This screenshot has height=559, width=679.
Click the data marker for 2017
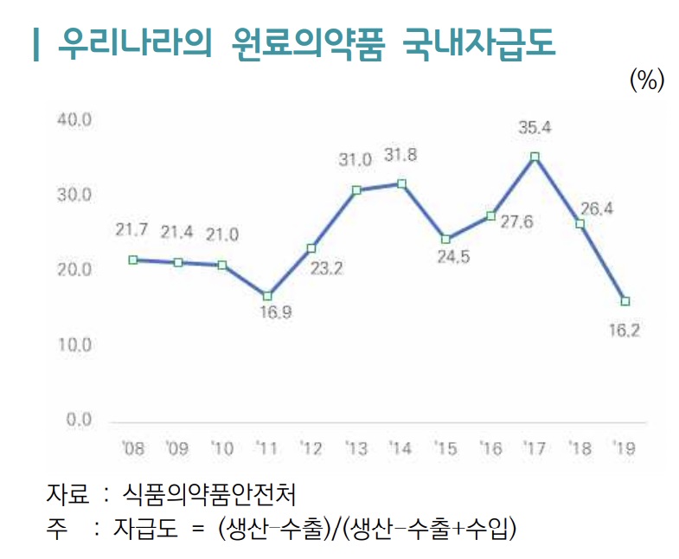click(x=535, y=157)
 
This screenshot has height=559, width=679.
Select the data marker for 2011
click(x=267, y=296)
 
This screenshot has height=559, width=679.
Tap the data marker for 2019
click(x=625, y=301)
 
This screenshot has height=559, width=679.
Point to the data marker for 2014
click(x=401, y=183)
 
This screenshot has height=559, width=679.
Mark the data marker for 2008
click(x=132, y=260)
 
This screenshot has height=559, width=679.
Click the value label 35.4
click(x=535, y=128)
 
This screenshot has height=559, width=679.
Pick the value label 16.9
click(x=275, y=313)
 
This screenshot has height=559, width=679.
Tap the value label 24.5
click(x=452, y=257)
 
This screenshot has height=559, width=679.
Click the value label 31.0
click(x=355, y=160)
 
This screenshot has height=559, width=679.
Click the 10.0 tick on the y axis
click(x=74, y=345)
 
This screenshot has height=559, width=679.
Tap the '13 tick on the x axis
click(x=356, y=449)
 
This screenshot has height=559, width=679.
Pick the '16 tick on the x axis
click(x=490, y=449)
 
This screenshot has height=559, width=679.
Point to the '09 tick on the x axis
click(x=176, y=449)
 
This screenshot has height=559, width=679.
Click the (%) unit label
click(x=646, y=80)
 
